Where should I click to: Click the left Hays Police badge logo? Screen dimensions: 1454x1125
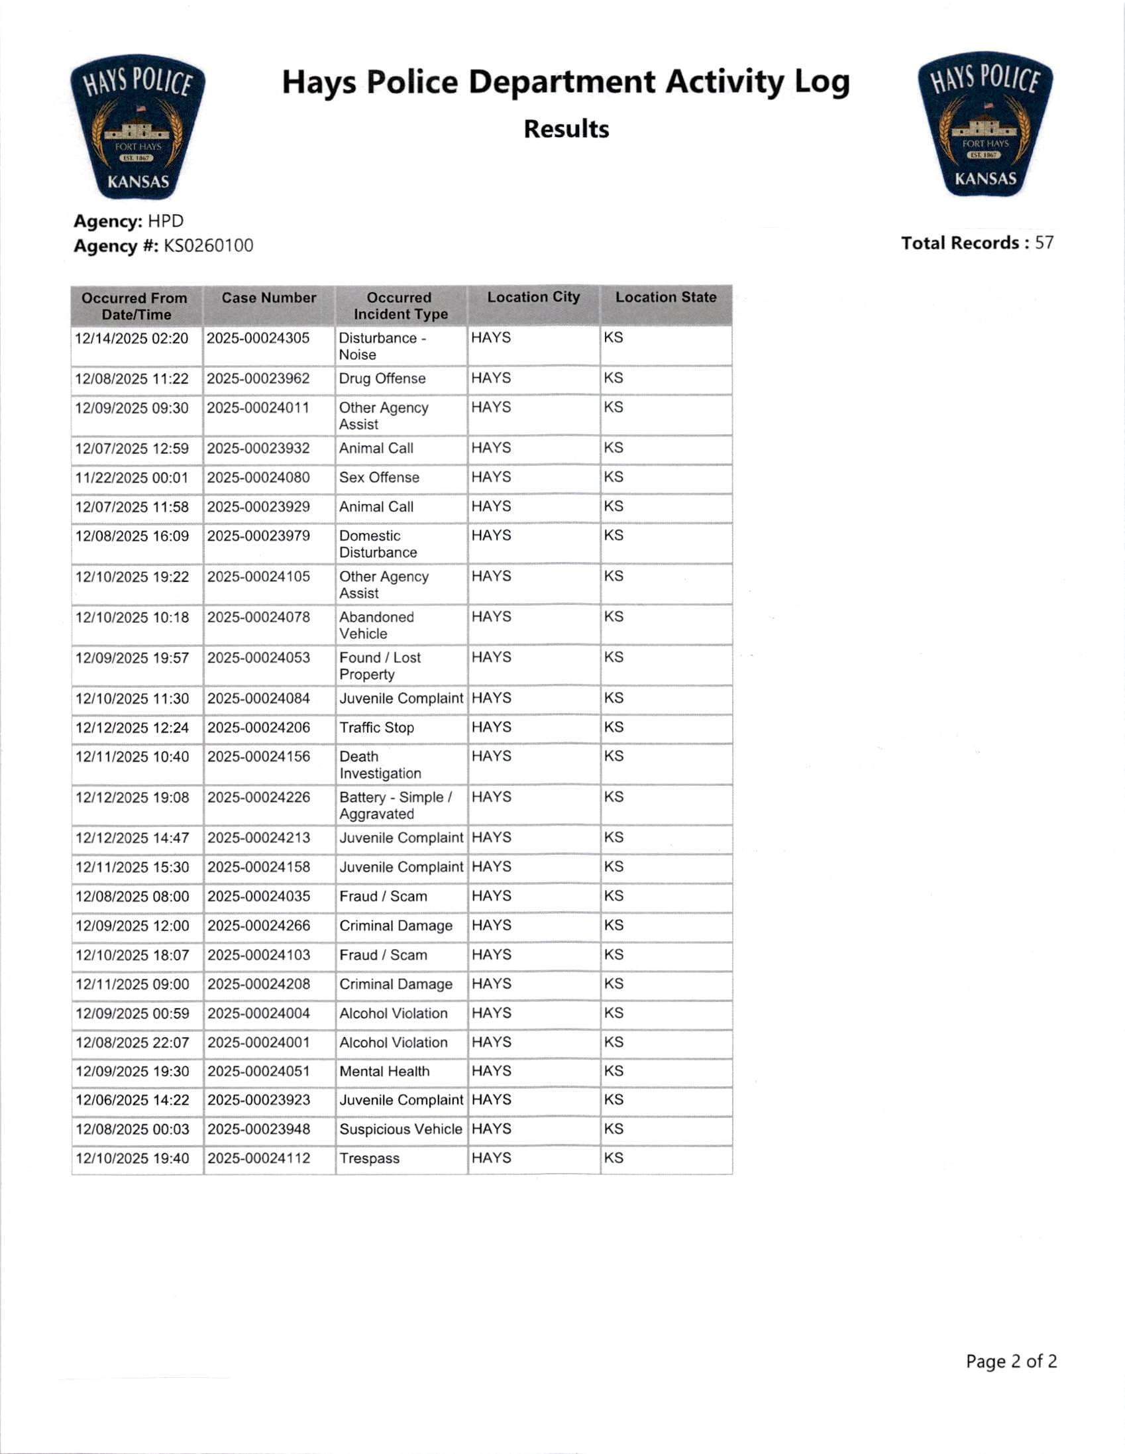click(138, 127)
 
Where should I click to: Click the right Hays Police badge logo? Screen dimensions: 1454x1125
click(985, 125)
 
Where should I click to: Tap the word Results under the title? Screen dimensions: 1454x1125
click(566, 129)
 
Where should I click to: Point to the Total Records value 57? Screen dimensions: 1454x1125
click(1044, 243)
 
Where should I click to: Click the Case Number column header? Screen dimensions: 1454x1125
click(269, 298)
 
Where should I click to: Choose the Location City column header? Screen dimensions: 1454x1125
click(533, 297)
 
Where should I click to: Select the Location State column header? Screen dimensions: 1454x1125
click(666, 297)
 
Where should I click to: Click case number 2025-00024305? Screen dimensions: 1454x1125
click(258, 338)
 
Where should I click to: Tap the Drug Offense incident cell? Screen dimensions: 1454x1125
click(382, 378)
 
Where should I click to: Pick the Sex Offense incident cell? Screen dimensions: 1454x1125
click(380, 477)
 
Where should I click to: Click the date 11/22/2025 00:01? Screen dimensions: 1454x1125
click(132, 478)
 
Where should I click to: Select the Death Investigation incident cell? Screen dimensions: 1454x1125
click(380, 765)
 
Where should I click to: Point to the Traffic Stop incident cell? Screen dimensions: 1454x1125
click(377, 728)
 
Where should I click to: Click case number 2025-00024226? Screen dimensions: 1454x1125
click(258, 797)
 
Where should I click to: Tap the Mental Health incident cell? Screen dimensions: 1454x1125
click(385, 1071)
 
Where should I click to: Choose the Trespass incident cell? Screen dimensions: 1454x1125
click(370, 1158)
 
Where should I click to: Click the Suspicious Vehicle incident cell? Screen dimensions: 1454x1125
click(401, 1129)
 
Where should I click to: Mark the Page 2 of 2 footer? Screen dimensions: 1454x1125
click(1010, 1361)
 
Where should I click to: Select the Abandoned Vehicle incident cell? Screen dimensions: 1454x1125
click(377, 625)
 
